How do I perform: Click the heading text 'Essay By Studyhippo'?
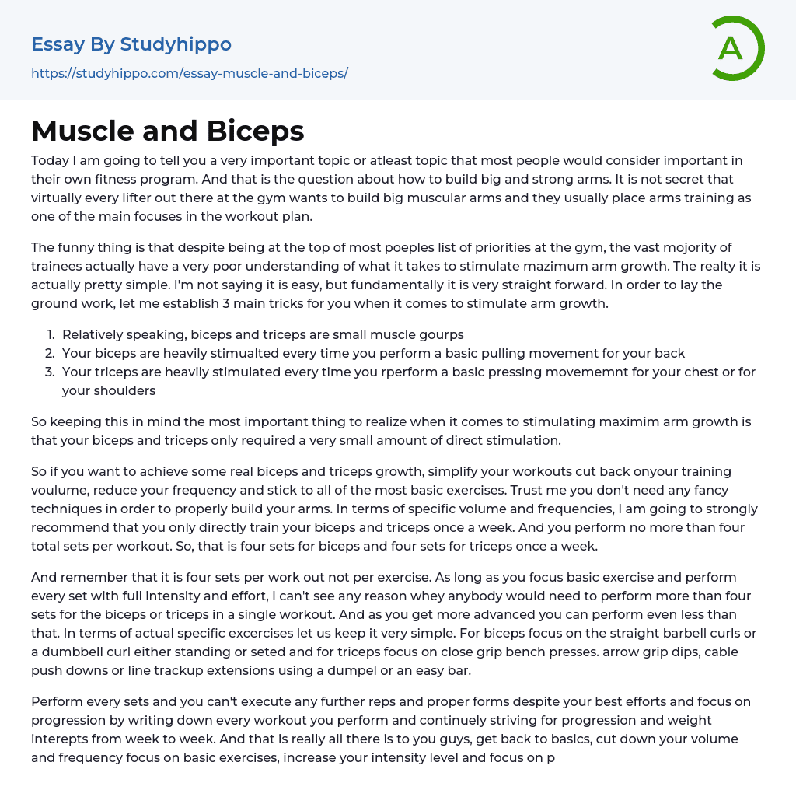(x=131, y=44)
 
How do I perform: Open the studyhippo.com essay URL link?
(x=189, y=73)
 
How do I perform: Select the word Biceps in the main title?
(x=257, y=131)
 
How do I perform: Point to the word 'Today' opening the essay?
(x=50, y=160)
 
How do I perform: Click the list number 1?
(x=50, y=334)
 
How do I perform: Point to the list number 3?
(x=50, y=372)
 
